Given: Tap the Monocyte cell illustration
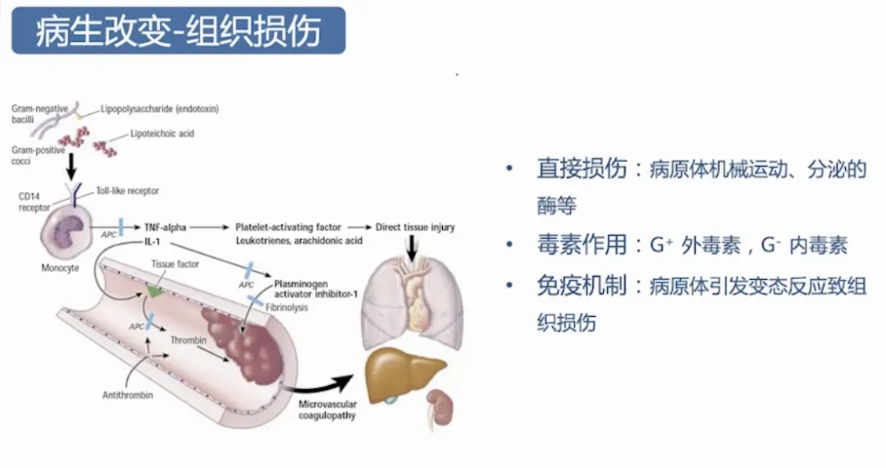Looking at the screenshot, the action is coord(65,227).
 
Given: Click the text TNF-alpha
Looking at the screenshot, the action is coord(162,227).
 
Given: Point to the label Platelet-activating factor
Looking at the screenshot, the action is coord(286,227).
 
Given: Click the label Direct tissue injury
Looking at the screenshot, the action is coord(414,227).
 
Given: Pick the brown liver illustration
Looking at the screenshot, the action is coord(404,374).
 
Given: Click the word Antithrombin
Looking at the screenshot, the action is coord(128,394).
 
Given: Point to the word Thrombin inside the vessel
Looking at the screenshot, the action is coord(188,338).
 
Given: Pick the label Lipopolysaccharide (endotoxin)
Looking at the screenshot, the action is coord(159,108).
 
